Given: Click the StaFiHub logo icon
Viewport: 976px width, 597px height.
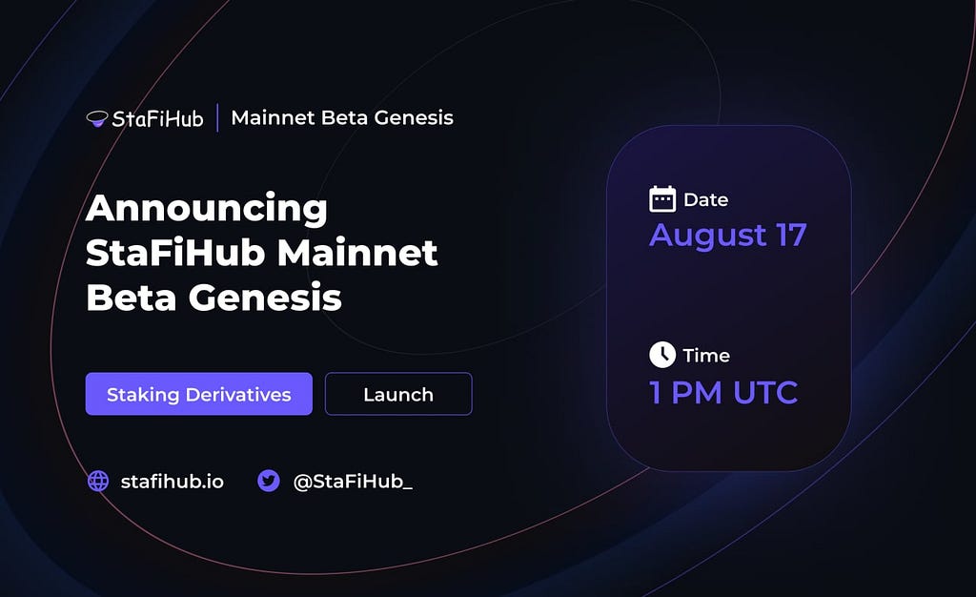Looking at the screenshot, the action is point(97,118).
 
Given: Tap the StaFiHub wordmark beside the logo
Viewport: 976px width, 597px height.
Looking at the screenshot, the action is point(157,118).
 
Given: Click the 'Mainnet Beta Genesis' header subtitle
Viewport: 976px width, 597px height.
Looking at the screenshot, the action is point(342,117).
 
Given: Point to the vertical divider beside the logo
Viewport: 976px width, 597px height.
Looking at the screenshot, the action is point(217,117).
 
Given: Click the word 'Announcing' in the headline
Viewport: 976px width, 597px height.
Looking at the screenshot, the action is point(207,209).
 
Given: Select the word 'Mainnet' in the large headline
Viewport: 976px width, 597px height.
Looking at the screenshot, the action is point(357,253).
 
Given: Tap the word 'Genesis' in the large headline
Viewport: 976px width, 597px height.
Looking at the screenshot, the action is point(265,298).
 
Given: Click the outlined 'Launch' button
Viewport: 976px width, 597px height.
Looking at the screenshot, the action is point(398,394).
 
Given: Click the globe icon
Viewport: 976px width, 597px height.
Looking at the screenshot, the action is point(98,482).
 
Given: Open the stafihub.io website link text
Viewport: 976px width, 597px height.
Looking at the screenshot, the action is point(173,482).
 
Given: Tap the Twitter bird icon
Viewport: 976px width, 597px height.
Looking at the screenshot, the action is point(269,482).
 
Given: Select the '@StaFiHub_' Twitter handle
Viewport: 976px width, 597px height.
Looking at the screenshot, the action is point(353,482).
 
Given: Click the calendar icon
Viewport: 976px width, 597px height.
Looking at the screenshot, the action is point(662,199).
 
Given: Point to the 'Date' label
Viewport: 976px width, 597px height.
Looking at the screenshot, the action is point(706,200).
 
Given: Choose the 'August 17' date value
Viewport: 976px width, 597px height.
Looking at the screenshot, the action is point(728,236).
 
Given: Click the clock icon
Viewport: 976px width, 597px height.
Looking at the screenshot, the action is point(662,355).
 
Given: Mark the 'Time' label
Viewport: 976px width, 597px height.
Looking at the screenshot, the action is point(706,356).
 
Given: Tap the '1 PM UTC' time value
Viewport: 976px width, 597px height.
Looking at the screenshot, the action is point(723,393).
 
